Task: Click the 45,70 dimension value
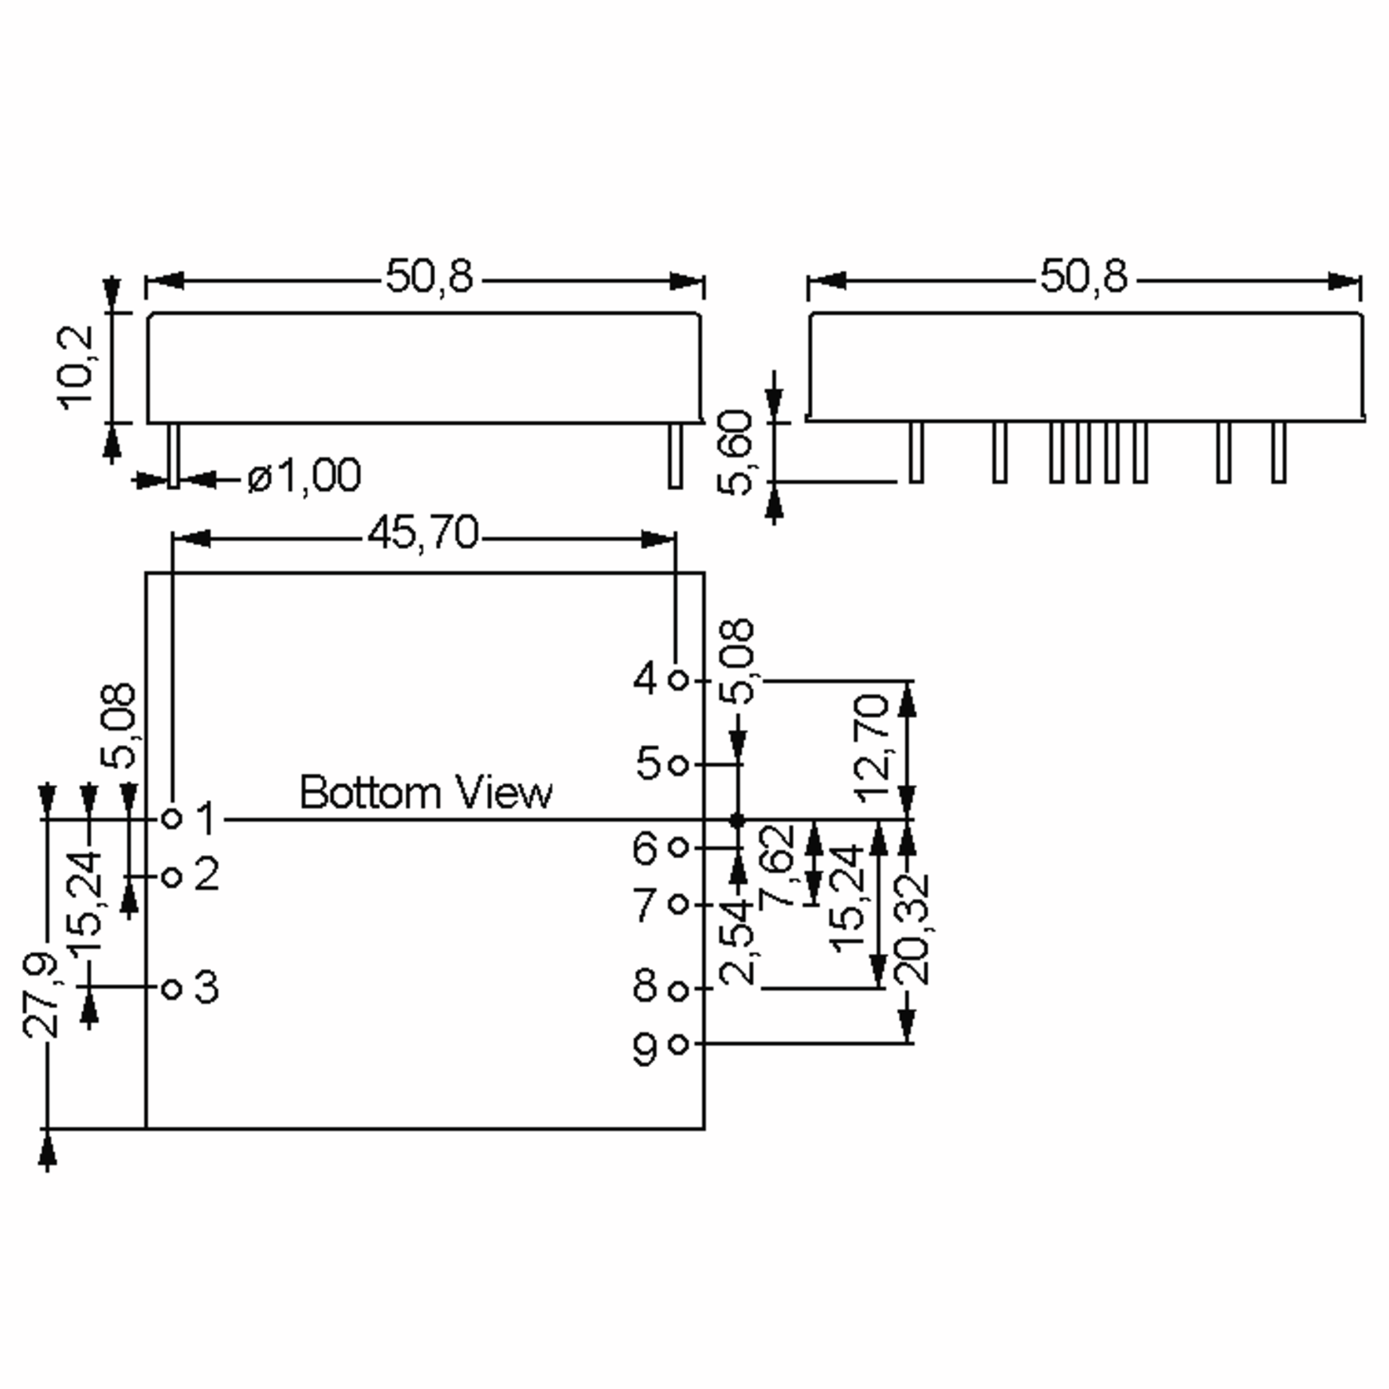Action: tap(422, 534)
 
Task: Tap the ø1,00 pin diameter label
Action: tap(304, 476)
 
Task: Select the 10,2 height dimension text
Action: tap(76, 368)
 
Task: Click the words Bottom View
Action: tap(425, 792)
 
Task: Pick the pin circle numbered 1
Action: tap(172, 818)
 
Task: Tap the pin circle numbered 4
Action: tap(678, 679)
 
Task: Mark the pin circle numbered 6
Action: tap(678, 848)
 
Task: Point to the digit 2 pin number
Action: tap(207, 874)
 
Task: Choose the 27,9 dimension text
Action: tap(41, 995)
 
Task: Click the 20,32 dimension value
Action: tap(912, 929)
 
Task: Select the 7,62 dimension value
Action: tap(777, 866)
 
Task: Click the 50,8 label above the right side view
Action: tap(1083, 276)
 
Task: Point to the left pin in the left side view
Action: tap(173, 456)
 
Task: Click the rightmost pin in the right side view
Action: tap(1278, 451)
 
